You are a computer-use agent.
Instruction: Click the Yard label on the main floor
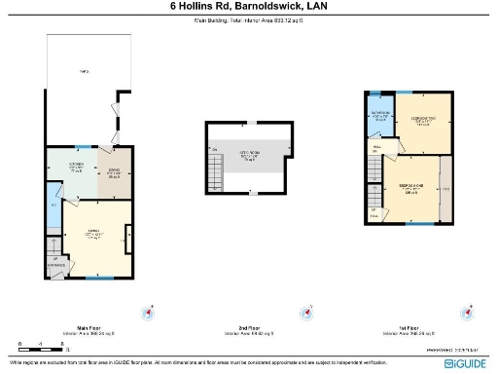pyautogui.click(x=85, y=72)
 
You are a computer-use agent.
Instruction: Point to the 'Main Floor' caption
pyautogui.click(x=89, y=328)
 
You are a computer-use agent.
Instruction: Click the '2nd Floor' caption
pyautogui.click(x=250, y=328)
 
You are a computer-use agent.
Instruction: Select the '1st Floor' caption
pyautogui.click(x=409, y=328)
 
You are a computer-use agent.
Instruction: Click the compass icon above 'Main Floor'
pyautogui.click(x=148, y=313)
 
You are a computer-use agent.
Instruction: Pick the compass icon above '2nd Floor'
pyautogui.click(x=309, y=313)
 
